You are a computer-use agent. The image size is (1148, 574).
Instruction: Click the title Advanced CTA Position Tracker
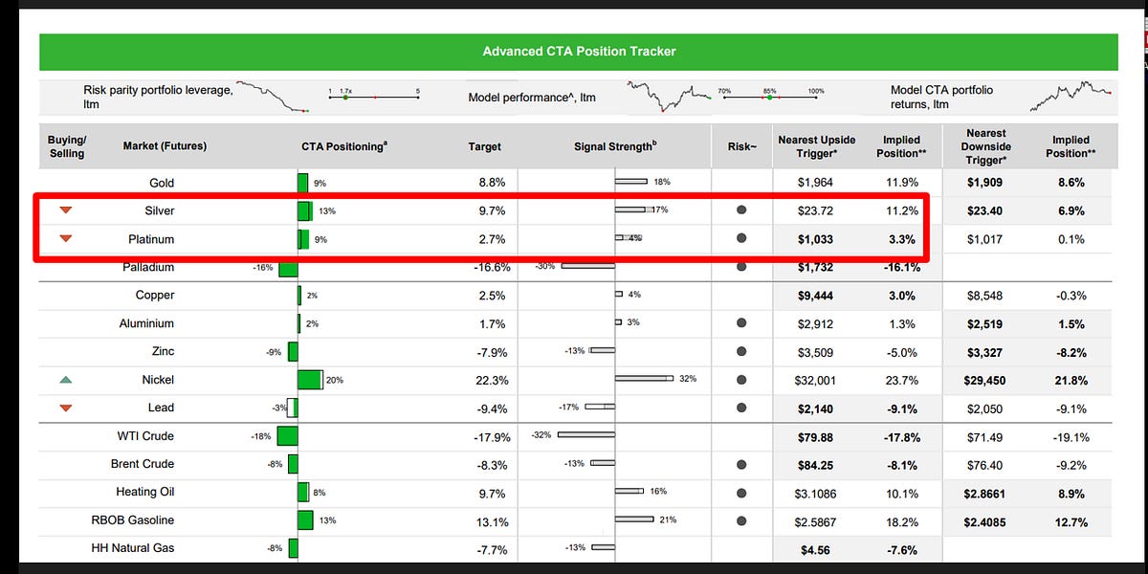click(x=579, y=51)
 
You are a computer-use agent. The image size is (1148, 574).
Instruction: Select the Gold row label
click(x=162, y=182)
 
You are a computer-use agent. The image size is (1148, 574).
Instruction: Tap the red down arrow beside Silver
click(x=66, y=210)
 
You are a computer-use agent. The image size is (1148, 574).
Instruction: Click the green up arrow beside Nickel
click(x=66, y=380)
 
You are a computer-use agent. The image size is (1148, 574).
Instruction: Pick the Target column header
click(x=484, y=146)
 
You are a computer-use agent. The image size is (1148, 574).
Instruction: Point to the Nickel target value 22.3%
click(x=492, y=380)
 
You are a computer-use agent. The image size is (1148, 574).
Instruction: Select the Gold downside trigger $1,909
click(x=984, y=182)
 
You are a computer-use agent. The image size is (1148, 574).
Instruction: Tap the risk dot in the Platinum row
click(x=740, y=239)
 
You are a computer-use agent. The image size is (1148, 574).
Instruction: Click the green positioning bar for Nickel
click(x=310, y=380)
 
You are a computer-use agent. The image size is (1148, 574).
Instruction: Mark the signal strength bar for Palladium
click(x=587, y=267)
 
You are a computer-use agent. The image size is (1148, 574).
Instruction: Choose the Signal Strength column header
click(x=615, y=146)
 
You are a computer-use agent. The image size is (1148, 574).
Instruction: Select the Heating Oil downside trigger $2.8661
click(x=984, y=492)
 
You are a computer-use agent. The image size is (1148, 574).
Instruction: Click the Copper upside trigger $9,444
click(x=816, y=296)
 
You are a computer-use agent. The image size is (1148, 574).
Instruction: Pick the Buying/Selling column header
click(x=66, y=146)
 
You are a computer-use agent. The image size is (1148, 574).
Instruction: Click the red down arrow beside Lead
click(x=66, y=408)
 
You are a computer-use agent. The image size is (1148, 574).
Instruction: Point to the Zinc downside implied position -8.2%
click(x=1070, y=352)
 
